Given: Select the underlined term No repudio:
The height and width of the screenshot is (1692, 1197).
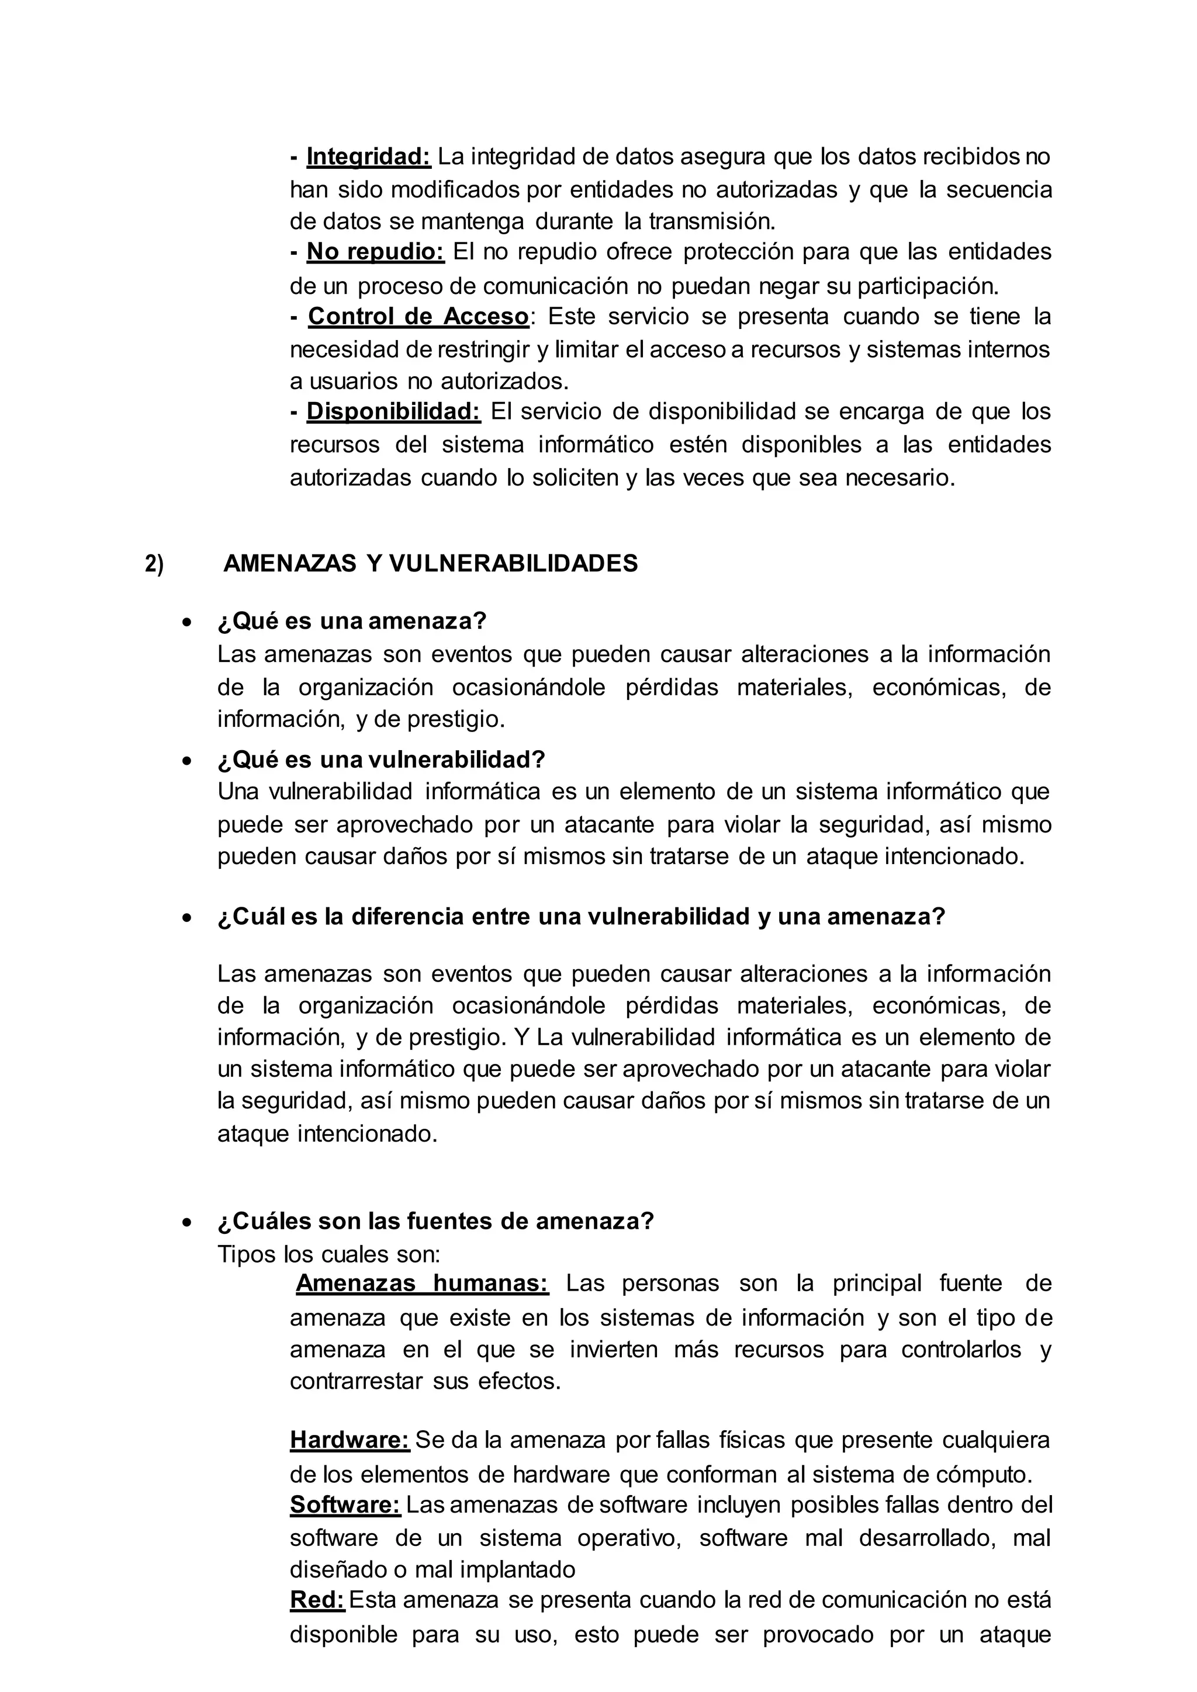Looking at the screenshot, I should pos(375,252).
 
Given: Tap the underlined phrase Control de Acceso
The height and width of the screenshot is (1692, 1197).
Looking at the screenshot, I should pos(418,316).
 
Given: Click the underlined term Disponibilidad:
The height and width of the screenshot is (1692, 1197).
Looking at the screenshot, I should pos(393,411).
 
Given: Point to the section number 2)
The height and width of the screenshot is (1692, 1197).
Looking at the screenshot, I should pos(154,564).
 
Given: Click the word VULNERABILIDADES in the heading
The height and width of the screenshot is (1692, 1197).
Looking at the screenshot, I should pos(513,564).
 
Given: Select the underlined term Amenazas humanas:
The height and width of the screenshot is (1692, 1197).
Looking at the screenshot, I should pos(423,1283).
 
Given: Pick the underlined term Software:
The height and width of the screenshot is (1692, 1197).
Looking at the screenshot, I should pos(345,1504).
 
